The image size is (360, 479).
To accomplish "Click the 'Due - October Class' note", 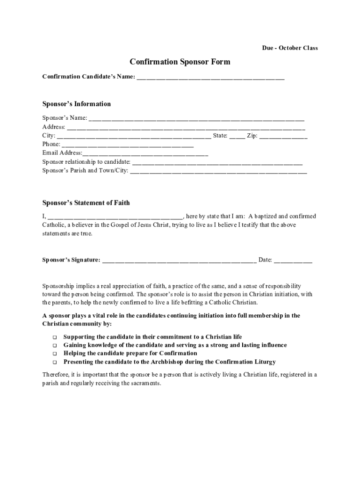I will pos(289,48).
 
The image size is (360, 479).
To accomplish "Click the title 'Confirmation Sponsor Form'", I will pos(180,62).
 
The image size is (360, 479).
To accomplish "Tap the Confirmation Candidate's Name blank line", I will pos(210,77).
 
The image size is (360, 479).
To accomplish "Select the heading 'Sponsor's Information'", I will pos(77,104).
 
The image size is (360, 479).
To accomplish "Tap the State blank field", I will pos(237,136).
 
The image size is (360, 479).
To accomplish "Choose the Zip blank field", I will pos(283,136).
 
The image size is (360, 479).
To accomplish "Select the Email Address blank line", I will pos(145,153).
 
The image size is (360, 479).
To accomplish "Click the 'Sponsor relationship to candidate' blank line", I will pos(217,162).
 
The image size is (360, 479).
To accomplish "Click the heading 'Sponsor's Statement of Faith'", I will pos(86,203).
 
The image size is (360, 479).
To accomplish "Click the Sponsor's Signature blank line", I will pos(179,260).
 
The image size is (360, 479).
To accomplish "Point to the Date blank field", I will pos(293,260).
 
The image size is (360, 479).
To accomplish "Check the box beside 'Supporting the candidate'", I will pos(54,337).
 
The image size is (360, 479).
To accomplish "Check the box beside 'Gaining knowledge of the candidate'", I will pos(54,346).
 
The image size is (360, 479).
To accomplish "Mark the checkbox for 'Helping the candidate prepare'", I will pos(54,354).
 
